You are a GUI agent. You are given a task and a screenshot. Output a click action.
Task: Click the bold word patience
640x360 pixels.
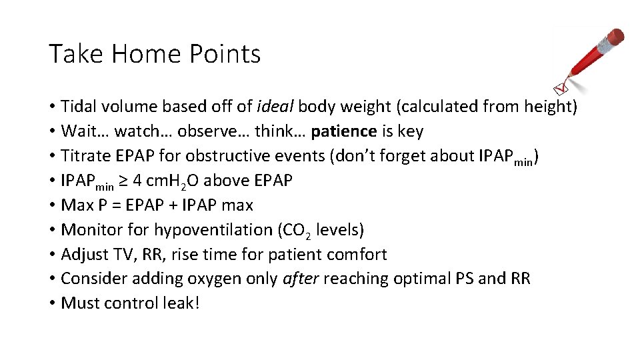(344, 131)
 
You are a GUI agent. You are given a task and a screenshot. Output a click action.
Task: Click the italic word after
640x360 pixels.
(301, 279)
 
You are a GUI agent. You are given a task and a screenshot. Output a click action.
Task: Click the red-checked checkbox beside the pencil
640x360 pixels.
(562, 87)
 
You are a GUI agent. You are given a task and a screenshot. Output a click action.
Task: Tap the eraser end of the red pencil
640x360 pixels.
(616, 37)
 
